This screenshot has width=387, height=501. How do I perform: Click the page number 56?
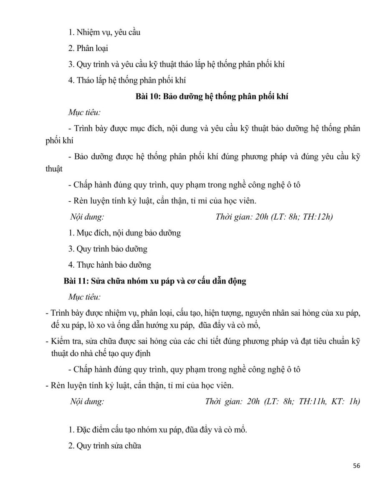(356, 466)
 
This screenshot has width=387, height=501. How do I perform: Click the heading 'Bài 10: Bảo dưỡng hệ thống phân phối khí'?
(212, 96)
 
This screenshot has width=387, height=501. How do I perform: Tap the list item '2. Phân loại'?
(88, 48)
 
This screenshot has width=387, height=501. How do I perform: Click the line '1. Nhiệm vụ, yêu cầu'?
(104, 32)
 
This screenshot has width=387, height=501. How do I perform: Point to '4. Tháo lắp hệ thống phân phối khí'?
(127, 80)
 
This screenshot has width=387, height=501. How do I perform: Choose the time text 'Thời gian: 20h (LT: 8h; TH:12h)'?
(274, 217)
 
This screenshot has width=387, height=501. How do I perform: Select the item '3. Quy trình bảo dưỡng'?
(108, 249)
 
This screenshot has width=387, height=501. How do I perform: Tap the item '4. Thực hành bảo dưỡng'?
(109, 265)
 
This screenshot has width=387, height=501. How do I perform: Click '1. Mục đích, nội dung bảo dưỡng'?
(124, 233)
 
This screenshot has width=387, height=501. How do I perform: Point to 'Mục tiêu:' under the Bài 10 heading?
(84, 113)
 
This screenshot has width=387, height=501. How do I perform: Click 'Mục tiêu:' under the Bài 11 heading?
(84, 297)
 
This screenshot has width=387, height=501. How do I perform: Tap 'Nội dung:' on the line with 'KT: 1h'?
(87, 402)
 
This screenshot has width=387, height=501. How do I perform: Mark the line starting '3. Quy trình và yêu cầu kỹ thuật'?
(177, 64)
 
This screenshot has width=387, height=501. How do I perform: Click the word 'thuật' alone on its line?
(54, 169)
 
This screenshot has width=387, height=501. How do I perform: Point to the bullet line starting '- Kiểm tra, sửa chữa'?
(202, 341)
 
